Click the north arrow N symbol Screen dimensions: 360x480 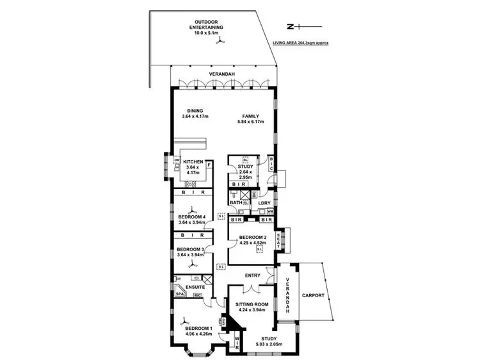[x=290, y=26]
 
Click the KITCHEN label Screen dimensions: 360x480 [x=193, y=161]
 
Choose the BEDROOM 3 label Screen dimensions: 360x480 [x=190, y=249]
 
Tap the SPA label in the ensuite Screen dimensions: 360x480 [x=180, y=294]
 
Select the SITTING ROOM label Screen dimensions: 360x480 [x=250, y=306]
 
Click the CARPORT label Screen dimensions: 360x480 [x=314, y=295]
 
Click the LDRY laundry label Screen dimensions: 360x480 [x=266, y=203]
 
